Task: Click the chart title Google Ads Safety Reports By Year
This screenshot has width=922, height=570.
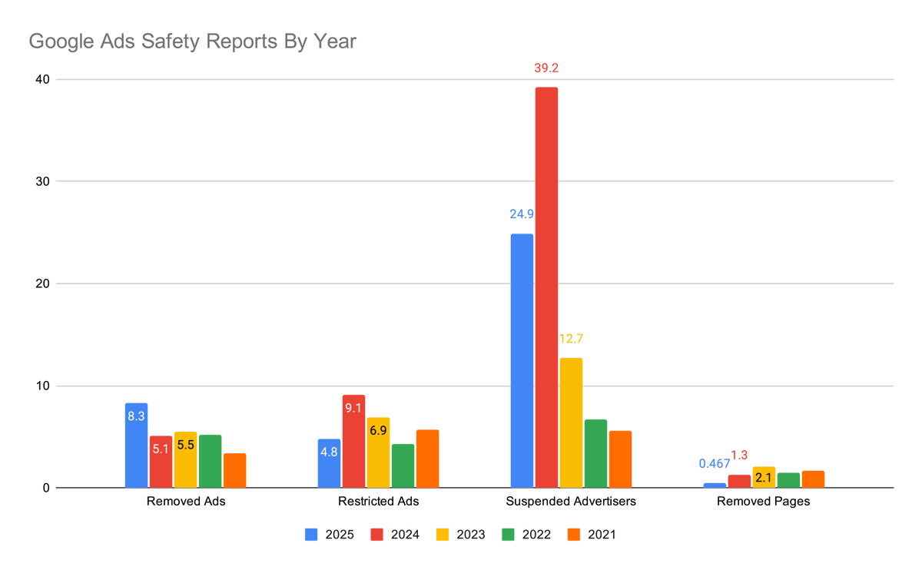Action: [192, 41]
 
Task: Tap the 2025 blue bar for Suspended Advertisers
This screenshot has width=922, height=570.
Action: [522, 360]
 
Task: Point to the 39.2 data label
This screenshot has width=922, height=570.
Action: [546, 68]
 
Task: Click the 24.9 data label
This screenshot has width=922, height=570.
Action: [522, 214]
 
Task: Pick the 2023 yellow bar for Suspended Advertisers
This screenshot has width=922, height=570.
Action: [571, 423]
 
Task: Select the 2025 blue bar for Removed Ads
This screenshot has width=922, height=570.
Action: [136, 446]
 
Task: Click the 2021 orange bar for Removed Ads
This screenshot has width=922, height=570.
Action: [234, 470]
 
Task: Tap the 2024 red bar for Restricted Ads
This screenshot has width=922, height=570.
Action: [353, 441]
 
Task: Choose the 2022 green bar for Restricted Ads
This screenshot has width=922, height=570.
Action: [403, 466]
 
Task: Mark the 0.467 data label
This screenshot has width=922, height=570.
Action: [715, 463]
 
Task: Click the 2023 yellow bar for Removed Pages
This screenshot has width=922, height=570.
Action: [764, 477]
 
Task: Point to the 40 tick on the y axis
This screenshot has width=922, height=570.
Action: [40, 79]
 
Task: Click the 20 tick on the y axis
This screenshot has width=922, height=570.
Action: [40, 283]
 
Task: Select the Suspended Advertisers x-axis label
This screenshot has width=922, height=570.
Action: [571, 502]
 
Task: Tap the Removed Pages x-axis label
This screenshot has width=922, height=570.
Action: [763, 502]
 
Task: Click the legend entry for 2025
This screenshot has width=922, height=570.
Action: [330, 535]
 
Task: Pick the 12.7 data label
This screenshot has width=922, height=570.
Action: [571, 339]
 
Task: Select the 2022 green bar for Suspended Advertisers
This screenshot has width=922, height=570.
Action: [595, 453]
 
